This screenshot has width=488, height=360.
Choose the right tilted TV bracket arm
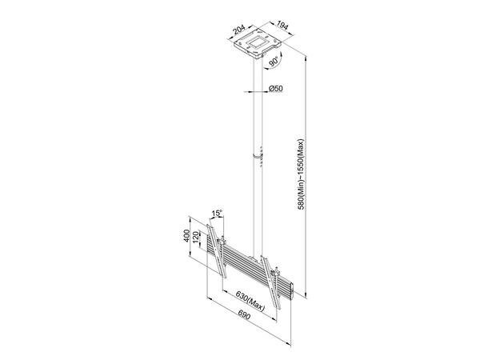(x=277, y=285)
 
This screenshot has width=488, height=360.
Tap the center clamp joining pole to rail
(x=258, y=259)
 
